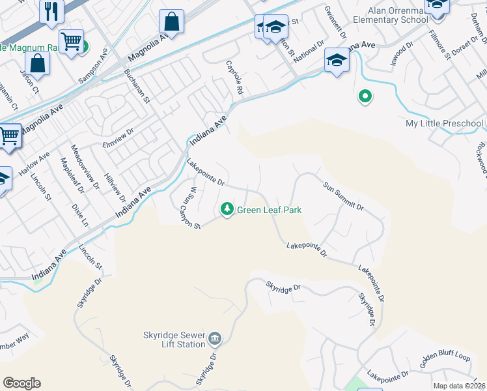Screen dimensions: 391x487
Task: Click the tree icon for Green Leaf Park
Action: click(x=227, y=209)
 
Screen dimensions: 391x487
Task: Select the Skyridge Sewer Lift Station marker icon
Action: click(x=216, y=340)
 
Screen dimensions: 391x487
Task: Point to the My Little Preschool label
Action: click(x=445, y=123)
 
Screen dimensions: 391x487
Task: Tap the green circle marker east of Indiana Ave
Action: click(x=365, y=98)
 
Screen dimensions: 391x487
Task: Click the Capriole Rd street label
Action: click(x=234, y=77)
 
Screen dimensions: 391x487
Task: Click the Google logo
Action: click(x=21, y=383)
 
